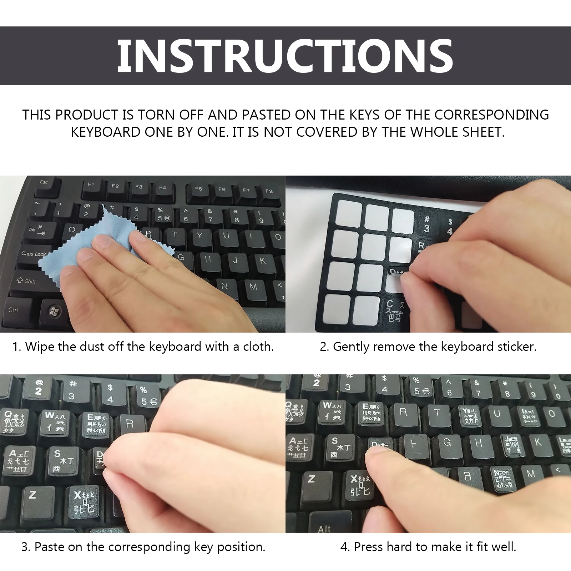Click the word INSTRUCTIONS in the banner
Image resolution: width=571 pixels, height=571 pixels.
point(285,56)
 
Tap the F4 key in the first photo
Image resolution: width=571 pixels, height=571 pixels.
point(162,188)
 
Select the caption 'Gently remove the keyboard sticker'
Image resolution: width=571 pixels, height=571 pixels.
point(428,347)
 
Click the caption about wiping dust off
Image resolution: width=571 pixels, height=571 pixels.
point(143,347)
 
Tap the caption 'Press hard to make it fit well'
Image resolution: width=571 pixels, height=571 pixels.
point(428,547)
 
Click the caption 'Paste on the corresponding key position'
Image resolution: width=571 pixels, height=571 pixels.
point(143,547)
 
